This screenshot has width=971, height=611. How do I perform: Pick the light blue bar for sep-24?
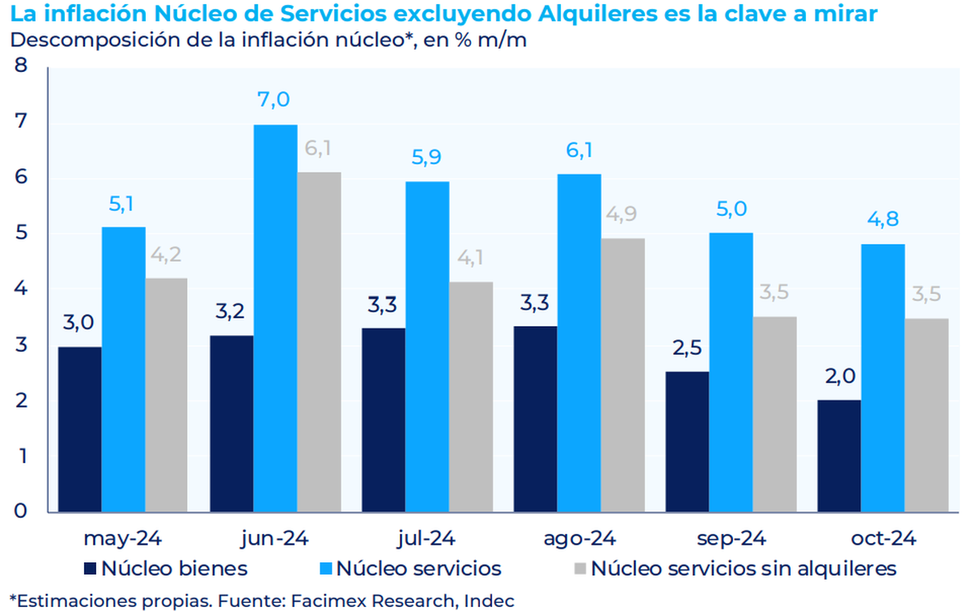point(731,372)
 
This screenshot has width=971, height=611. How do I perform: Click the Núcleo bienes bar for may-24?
point(80,429)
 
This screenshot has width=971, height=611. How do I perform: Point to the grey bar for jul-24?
point(471,397)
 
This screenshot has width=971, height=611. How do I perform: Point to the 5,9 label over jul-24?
point(427,158)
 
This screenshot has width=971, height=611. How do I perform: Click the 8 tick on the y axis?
point(22,66)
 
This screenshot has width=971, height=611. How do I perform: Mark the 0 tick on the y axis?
point(22,511)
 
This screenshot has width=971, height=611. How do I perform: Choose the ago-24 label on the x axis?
point(580,538)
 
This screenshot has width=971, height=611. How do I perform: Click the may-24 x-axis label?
point(123,538)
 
